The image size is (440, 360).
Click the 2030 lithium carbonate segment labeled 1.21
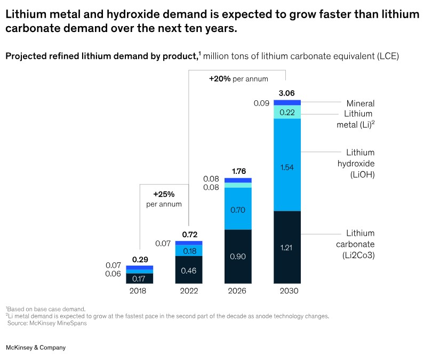pos(287,247)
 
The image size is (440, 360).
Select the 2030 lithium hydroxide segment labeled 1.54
pos(287,167)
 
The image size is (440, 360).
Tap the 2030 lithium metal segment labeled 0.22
pos(287,112)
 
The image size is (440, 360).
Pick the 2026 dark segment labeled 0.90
pos(238,257)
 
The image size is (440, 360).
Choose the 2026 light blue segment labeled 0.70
pos(238,210)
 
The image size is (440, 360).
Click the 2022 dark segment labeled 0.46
pos(189,270)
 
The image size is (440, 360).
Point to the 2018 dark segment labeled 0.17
pos(139,278)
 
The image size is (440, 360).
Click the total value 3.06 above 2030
pos(287,93)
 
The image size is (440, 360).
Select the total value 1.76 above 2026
pos(238,171)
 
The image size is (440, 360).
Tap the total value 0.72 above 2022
pos(189,234)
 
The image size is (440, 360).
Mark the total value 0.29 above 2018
pos(140,259)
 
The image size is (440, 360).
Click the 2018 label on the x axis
pos(139,291)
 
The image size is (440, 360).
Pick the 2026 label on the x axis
pos(238,291)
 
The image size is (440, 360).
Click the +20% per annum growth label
pos(238,78)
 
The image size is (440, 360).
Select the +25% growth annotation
pos(164,198)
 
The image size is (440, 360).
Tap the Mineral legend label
pos(361,103)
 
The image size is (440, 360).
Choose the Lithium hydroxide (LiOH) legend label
pos(361,163)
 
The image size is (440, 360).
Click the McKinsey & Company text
pos(35,347)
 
